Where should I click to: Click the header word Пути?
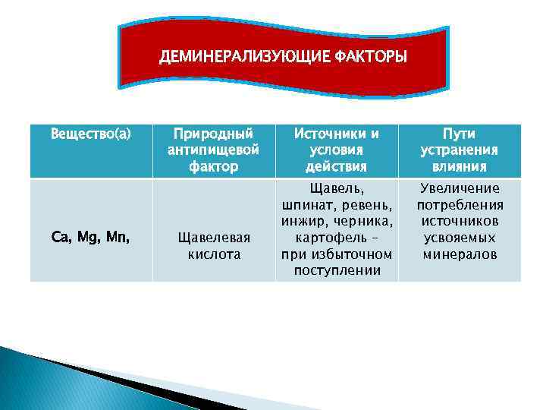[460, 134]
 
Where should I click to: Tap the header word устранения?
[460, 150]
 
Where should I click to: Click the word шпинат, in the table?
[306, 206]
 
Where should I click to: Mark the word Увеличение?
[460, 189]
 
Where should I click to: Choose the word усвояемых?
[460, 238]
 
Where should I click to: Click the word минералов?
[460, 254]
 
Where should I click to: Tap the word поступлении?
[336, 270]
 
